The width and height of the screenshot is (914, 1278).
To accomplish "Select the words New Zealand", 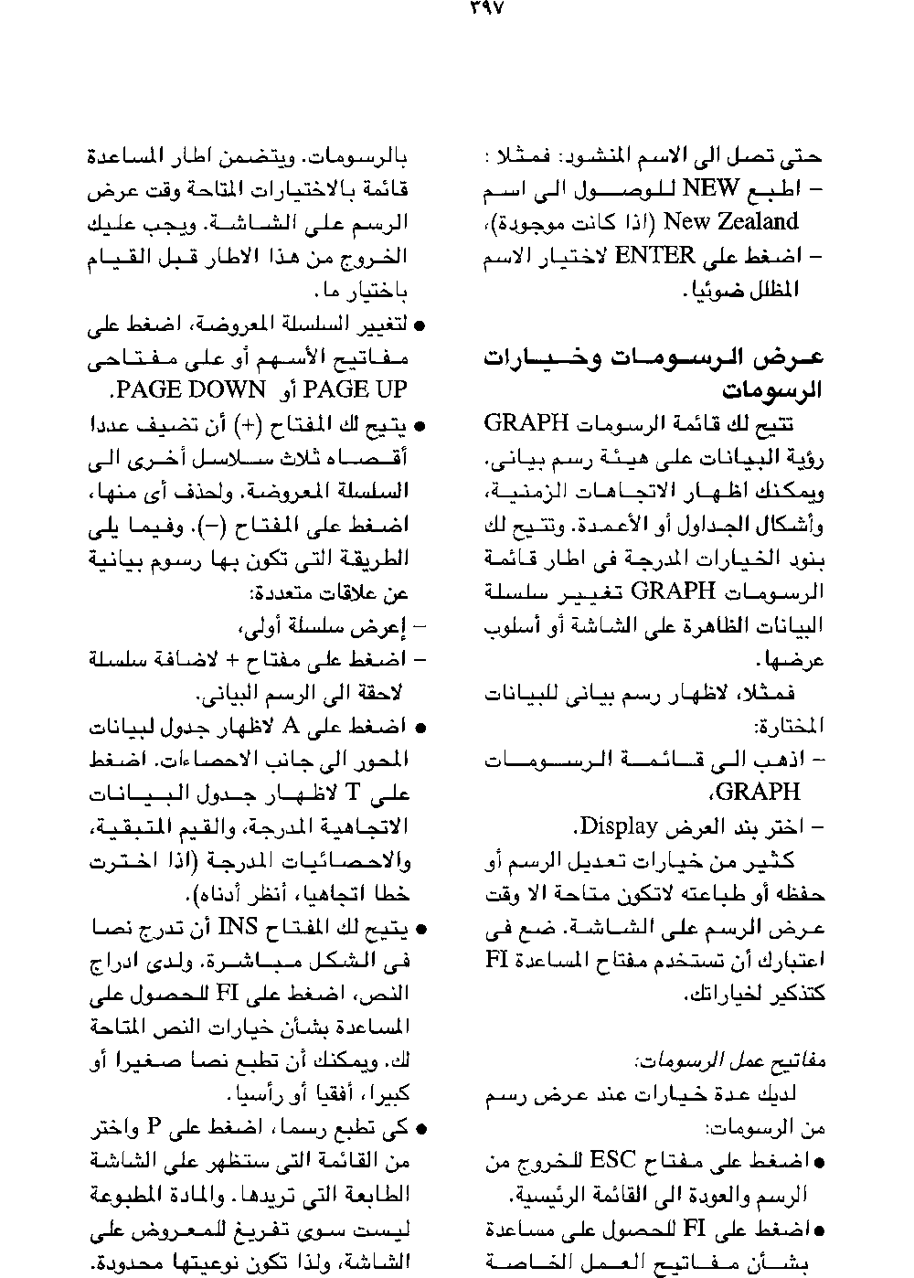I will coord(731,221).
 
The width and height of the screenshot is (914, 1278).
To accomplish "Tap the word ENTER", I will coord(654,256).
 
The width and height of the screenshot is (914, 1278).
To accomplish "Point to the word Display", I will coord(615,826).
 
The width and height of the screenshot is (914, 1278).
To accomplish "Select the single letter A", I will coord(292,727).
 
